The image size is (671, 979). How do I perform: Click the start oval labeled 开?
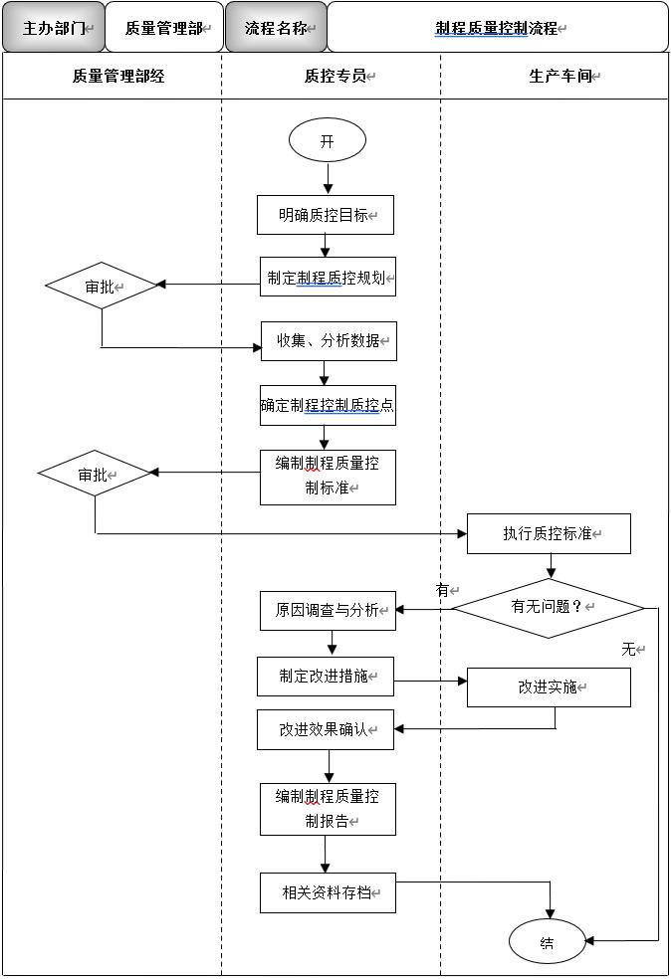[x=327, y=141]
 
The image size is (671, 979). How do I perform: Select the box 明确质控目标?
[x=326, y=215]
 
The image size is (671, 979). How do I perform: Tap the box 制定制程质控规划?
[x=328, y=278]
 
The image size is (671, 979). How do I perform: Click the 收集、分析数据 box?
[x=329, y=341]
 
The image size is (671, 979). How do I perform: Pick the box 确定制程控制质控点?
[x=328, y=406]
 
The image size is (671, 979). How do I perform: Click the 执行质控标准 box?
[x=549, y=534]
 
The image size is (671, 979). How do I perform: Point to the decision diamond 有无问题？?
[x=549, y=607]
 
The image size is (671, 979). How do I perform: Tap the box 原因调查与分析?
[x=328, y=610]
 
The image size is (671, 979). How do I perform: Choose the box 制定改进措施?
[x=325, y=677]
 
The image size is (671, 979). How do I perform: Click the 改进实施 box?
[x=549, y=687]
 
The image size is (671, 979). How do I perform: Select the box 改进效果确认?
[x=325, y=729]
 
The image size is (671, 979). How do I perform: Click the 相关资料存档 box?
[x=328, y=893]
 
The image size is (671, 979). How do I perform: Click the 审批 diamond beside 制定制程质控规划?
[x=102, y=287]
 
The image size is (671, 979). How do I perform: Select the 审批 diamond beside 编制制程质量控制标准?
[x=95, y=475]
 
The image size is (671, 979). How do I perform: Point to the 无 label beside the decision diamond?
[x=629, y=650]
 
